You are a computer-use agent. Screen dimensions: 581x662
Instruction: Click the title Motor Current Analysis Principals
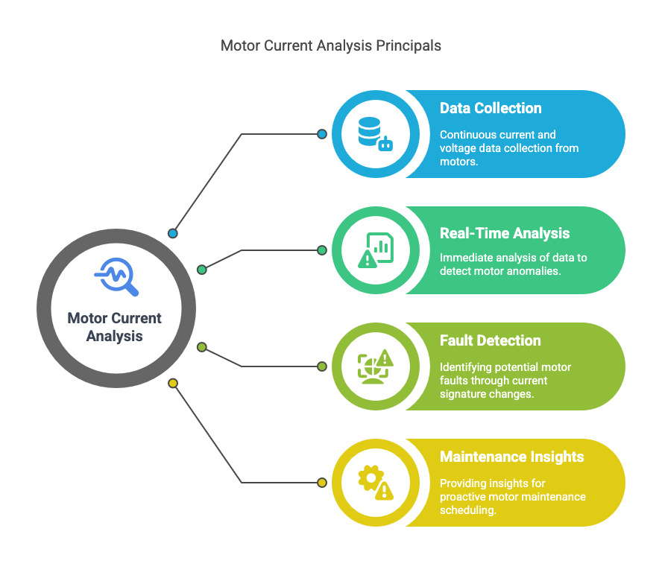click(x=331, y=46)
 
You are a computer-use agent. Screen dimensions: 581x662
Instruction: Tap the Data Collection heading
click(x=491, y=109)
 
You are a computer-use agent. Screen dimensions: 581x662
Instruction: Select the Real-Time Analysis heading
click(x=505, y=234)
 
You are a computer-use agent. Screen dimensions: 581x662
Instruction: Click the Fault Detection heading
click(x=490, y=341)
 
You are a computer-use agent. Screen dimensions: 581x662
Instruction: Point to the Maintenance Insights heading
click(x=511, y=457)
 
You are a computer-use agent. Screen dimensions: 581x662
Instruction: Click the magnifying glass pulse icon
click(x=116, y=277)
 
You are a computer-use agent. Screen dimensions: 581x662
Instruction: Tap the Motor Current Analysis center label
click(x=115, y=327)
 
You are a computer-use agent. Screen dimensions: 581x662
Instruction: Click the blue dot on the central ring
click(x=173, y=233)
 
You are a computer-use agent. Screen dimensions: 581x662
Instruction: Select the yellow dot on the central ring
click(x=173, y=384)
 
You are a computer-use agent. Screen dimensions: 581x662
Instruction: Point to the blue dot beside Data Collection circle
click(x=322, y=134)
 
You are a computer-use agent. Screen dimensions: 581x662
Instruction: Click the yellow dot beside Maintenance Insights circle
click(x=322, y=483)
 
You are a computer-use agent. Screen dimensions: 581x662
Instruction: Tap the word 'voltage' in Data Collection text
click(x=456, y=148)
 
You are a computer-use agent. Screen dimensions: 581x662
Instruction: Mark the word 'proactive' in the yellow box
click(x=464, y=496)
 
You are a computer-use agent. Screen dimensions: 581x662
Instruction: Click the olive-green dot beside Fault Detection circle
click(x=322, y=366)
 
